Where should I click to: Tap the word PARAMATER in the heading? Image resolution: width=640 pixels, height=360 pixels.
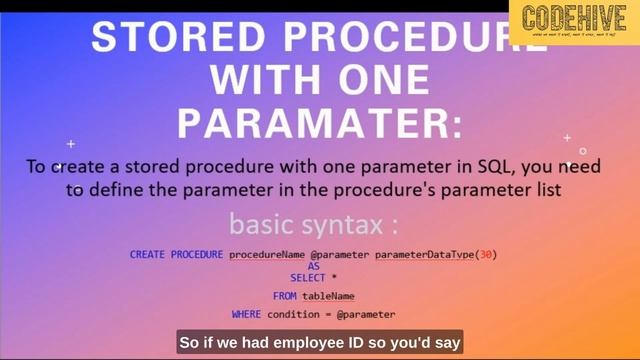pyautogui.click(x=321, y=123)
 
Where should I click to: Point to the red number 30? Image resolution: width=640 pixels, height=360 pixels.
pyautogui.click(x=486, y=254)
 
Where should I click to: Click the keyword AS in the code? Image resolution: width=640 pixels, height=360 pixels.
pyautogui.click(x=313, y=266)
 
